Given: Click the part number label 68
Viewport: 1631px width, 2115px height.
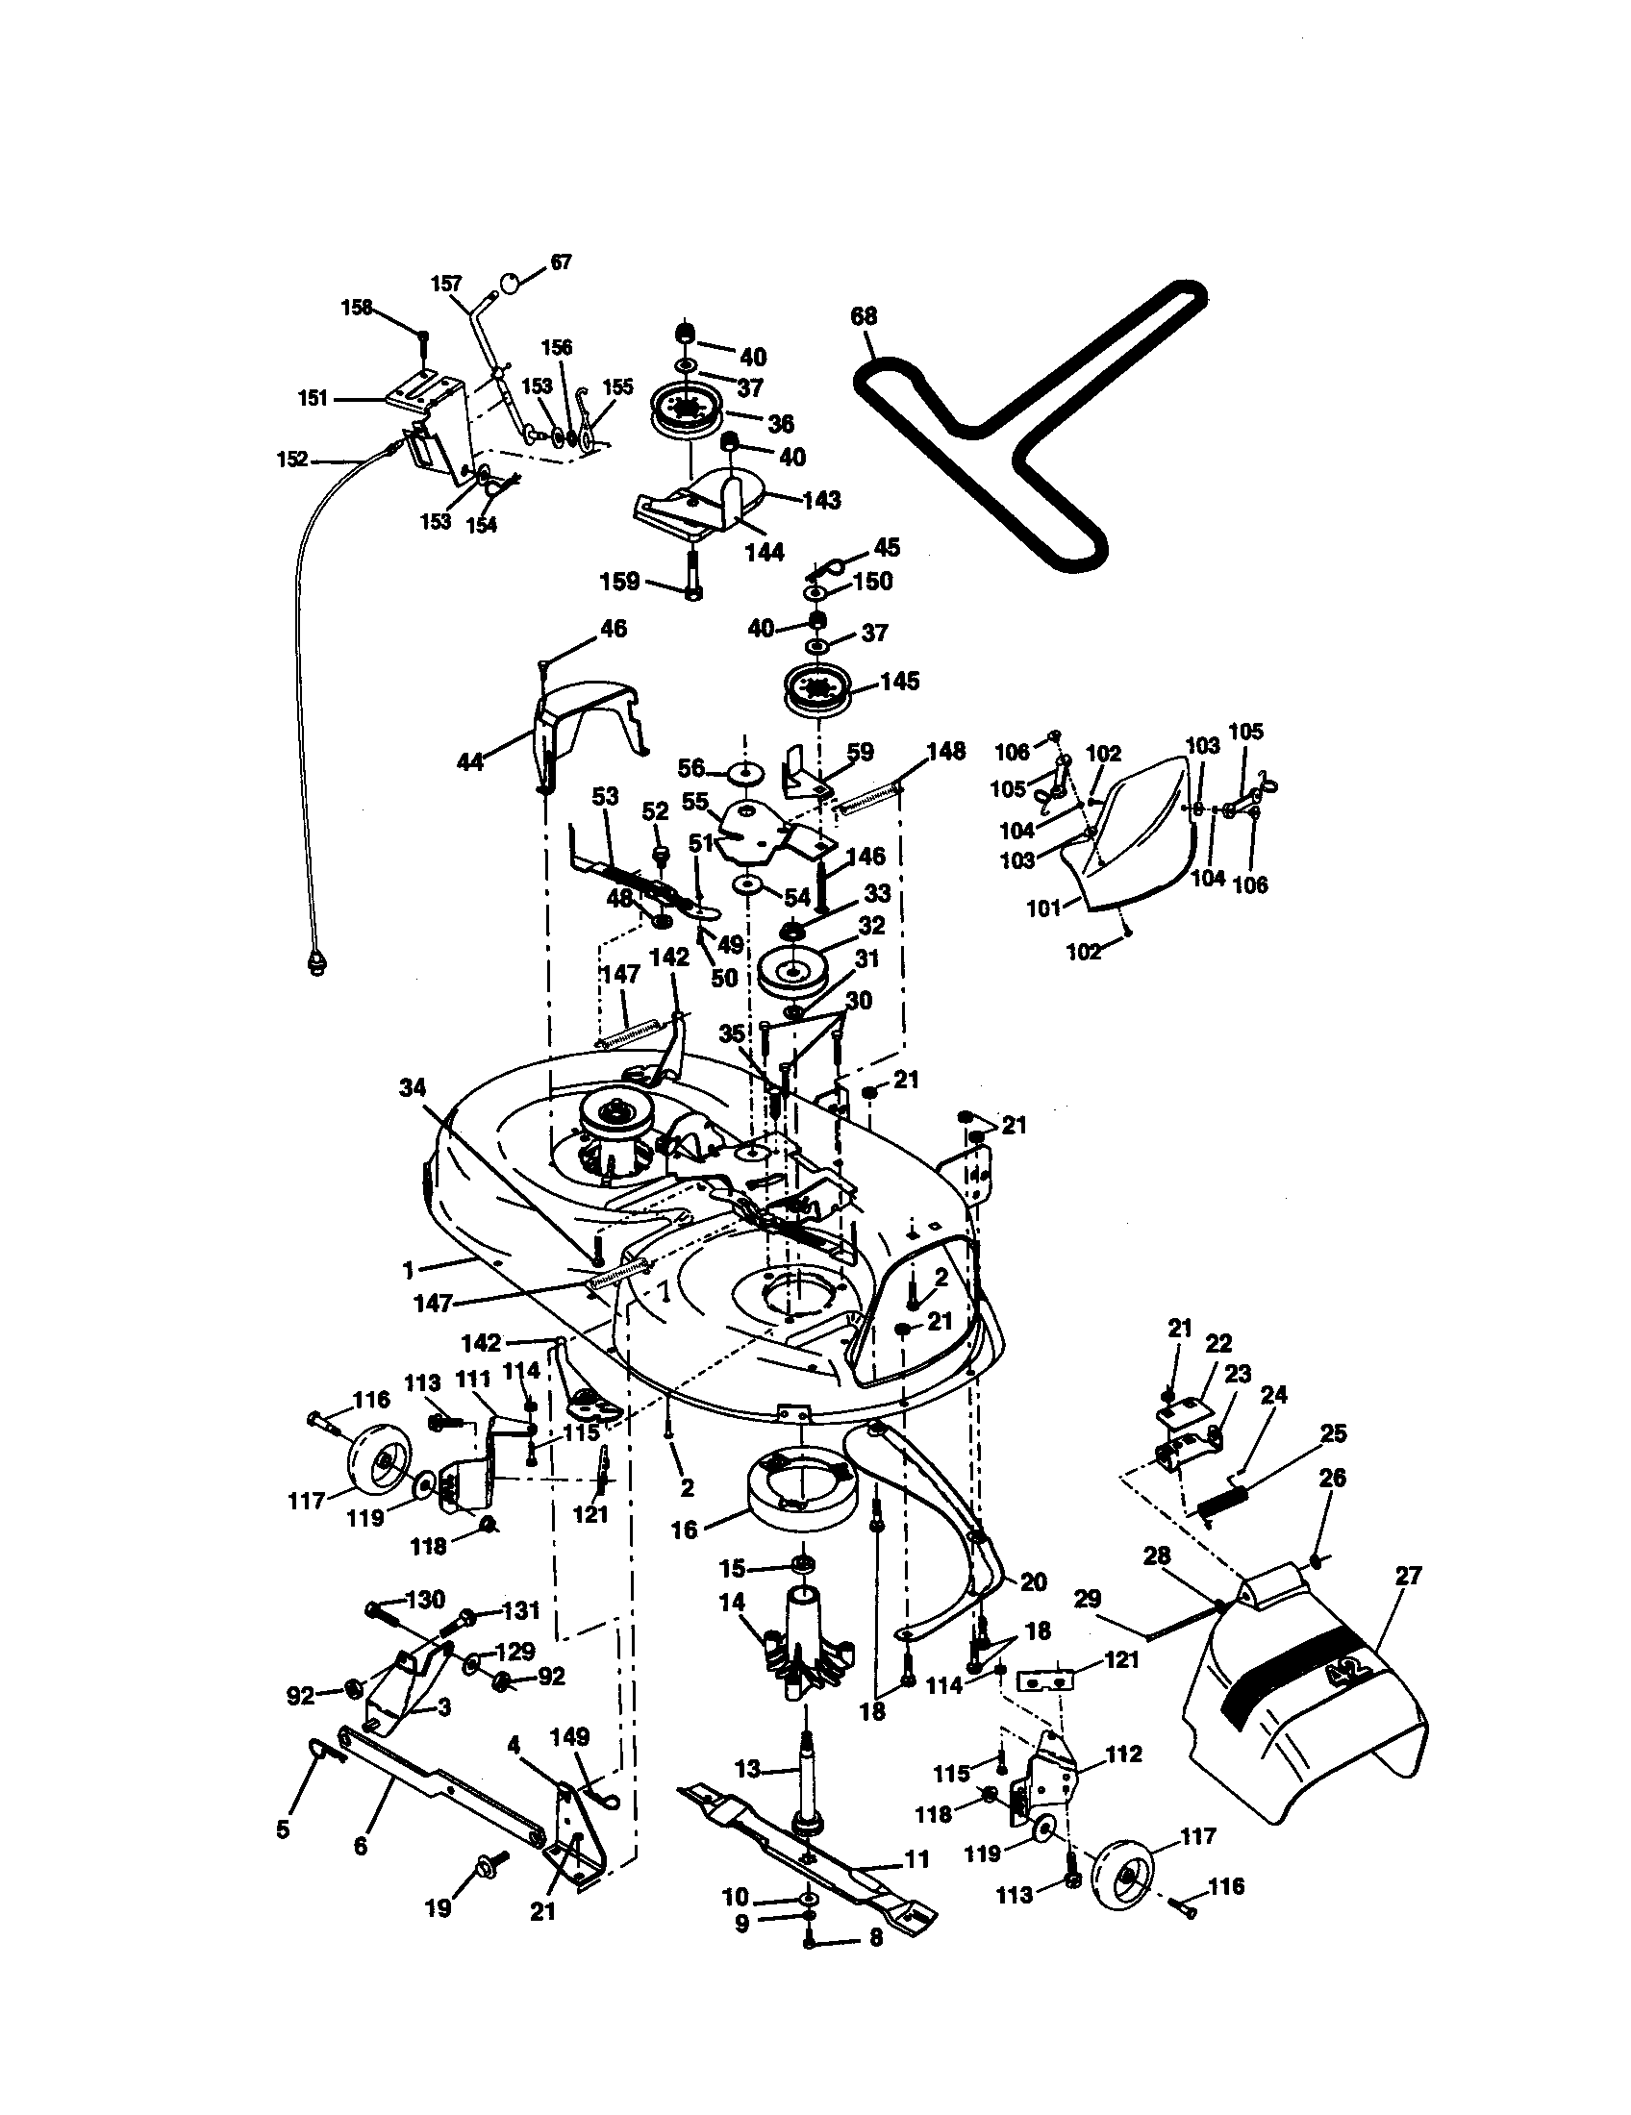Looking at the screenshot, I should tap(863, 316).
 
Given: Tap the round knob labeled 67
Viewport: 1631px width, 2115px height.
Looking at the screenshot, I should tap(511, 284).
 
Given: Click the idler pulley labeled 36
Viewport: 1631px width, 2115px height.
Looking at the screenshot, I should tap(689, 411).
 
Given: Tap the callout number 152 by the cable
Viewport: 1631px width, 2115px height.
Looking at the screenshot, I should tap(292, 459).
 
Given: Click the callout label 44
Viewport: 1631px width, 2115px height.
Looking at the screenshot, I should tap(469, 762).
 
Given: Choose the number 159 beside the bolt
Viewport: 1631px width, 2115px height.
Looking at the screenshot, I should tap(620, 581).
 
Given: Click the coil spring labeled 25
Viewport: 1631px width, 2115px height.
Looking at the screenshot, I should tap(1221, 1506).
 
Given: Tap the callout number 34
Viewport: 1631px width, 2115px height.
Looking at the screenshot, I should tap(413, 1089).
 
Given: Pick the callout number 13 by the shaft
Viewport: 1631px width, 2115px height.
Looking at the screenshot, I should tap(749, 1769).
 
